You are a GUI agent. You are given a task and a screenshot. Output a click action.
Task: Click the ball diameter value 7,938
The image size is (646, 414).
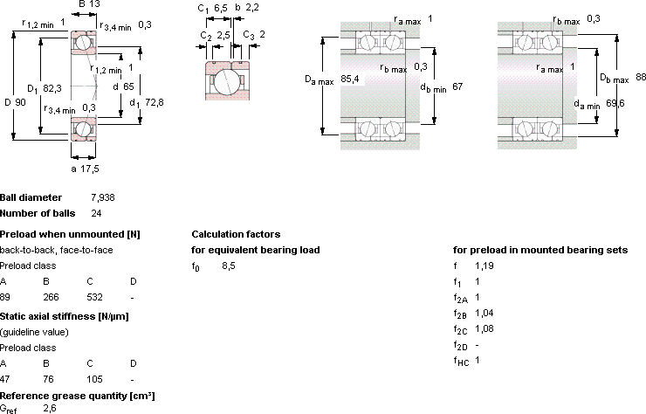103,198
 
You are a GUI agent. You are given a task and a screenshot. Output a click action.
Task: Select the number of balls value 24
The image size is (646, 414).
96,214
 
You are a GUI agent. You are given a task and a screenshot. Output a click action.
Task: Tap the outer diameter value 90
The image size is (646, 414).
21,102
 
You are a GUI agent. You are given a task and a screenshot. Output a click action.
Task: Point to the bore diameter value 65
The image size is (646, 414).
128,86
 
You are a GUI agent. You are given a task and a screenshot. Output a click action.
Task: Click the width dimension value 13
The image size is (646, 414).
95,4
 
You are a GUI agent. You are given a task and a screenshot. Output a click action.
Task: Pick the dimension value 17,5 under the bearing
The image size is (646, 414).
89,169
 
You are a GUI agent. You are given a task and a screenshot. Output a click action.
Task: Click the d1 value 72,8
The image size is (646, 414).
155,102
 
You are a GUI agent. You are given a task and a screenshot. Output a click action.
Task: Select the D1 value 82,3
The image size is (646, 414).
52,88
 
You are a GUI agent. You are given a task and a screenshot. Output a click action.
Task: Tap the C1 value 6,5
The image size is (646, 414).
220,8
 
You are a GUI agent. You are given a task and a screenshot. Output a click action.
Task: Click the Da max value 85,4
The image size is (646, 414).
350,79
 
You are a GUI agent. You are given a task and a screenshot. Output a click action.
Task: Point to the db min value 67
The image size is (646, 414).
457,86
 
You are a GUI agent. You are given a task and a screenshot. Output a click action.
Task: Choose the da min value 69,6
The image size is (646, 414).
615,103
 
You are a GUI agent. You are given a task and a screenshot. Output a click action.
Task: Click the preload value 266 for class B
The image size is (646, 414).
51,297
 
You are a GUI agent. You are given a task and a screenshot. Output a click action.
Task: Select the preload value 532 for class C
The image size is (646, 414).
94,297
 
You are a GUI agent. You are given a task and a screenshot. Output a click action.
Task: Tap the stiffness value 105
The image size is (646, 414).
94,379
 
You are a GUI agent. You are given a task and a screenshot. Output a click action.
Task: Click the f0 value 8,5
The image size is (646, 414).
229,266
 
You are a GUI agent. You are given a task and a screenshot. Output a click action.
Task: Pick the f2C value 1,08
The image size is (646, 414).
484,329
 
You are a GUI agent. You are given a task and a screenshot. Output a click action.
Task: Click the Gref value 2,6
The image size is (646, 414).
50,409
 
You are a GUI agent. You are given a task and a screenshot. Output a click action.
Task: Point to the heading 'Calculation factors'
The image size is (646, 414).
236,234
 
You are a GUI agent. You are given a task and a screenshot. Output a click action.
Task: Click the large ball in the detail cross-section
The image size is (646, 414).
224,81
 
